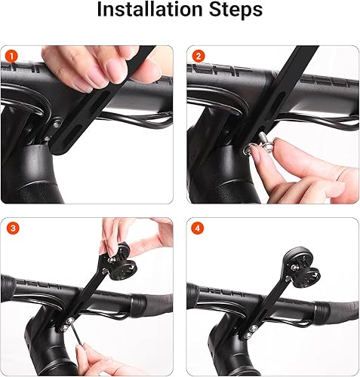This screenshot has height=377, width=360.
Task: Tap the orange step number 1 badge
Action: coord(11,57)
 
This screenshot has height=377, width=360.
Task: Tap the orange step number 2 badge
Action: coord(198,57)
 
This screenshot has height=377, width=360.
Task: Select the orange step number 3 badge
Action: coord(11,228)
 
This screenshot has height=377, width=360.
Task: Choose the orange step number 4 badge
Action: coord(198,228)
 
